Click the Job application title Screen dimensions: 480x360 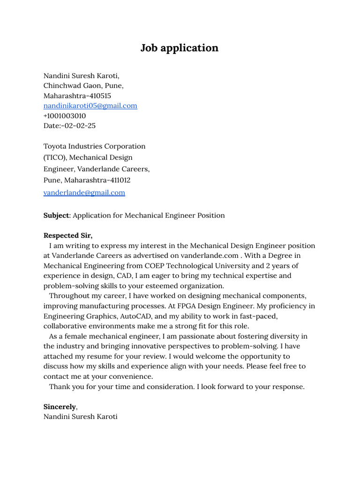click(180, 48)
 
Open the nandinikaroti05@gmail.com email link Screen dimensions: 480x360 click(90, 106)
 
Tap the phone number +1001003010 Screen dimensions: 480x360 click(65, 116)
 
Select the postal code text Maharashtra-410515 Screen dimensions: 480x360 click(77, 96)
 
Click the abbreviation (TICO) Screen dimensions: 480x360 click(55, 157)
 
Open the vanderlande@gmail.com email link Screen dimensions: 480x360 click(84, 193)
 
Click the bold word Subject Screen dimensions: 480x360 click(56, 216)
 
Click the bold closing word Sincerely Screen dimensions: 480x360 click(60, 406)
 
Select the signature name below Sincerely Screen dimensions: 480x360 click(80, 417)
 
